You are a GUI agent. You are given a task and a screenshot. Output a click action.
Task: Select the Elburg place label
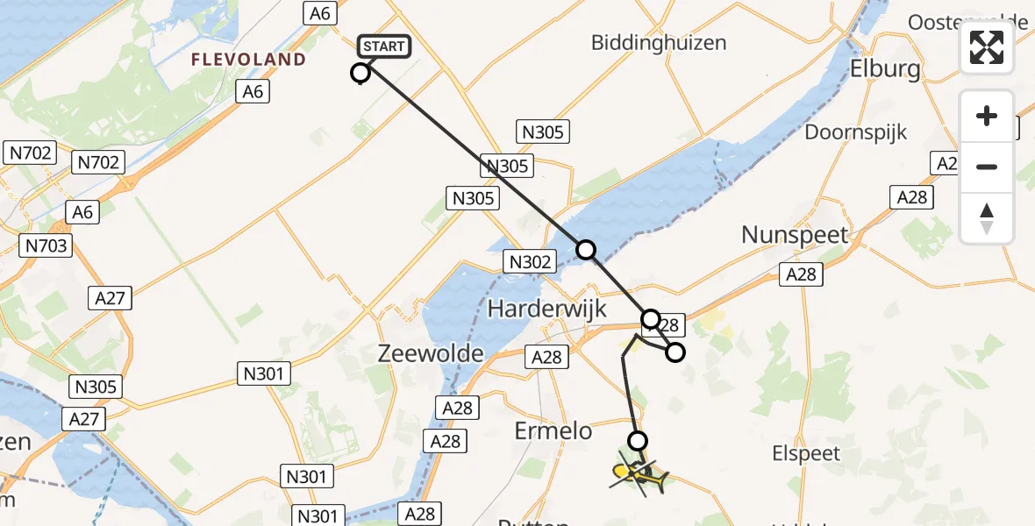pyautogui.click(x=885, y=70)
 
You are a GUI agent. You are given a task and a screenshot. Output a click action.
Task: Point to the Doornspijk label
pyautogui.click(x=856, y=132)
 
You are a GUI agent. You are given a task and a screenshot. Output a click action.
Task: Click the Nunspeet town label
pyautogui.click(x=795, y=235)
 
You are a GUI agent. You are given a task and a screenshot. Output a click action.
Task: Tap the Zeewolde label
pyautogui.click(x=431, y=353)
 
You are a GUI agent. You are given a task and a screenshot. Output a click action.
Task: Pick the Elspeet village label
pyautogui.click(x=806, y=453)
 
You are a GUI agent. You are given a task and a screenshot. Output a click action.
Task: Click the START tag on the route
pyautogui.click(x=384, y=46)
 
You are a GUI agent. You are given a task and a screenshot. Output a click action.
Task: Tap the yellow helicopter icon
pyautogui.click(x=639, y=476)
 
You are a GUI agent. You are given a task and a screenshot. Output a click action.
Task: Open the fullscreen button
pyautogui.click(x=987, y=47)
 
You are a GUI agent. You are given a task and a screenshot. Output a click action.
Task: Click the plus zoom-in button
pyautogui.click(x=987, y=116)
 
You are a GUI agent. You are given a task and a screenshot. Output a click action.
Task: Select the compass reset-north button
pyautogui.click(x=987, y=217)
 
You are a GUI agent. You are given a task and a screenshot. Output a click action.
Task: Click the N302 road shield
pyautogui.click(x=530, y=261)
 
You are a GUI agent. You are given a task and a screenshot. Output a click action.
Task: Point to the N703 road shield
pyautogui.click(x=46, y=246)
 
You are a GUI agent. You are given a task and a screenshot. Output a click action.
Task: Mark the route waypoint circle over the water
pyautogui.click(x=585, y=250)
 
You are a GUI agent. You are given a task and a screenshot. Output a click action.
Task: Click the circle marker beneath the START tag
pyautogui.click(x=360, y=74)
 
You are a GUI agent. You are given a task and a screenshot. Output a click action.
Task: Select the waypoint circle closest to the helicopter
pyautogui.click(x=638, y=440)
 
